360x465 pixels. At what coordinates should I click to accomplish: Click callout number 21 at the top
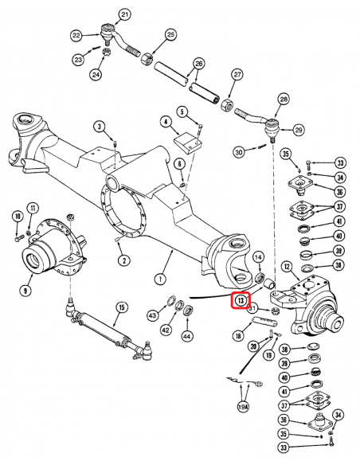(124, 15)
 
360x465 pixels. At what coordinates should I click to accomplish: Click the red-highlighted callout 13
(241, 301)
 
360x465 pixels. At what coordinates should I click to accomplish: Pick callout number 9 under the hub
(25, 291)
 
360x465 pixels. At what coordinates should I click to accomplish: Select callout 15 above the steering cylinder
(122, 307)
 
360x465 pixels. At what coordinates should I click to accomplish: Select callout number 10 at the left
(17, 216)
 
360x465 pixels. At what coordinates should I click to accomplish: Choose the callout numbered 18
(238, 337)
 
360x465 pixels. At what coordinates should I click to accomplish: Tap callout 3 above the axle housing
(99, 127)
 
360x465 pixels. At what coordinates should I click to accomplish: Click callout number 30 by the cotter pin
(238, 151)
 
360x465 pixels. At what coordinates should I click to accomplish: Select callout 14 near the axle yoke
(259, 256)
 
